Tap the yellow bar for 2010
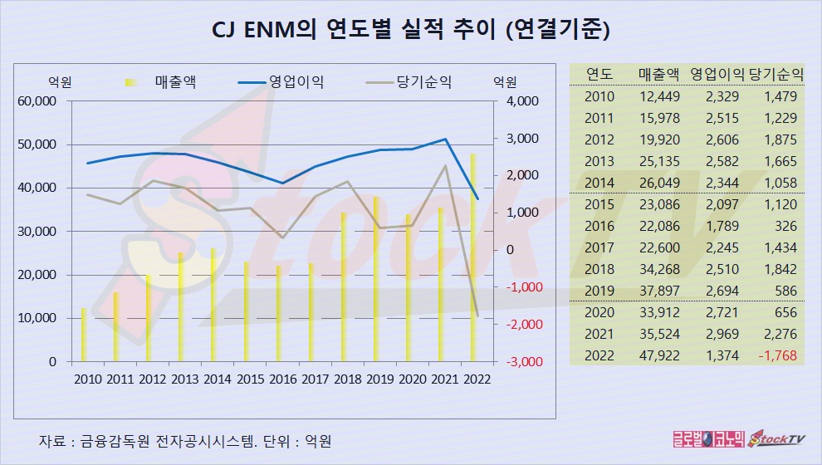point(84,335)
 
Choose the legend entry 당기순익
point(424,82)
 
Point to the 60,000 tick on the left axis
point(36,101)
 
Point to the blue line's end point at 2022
point(477,199)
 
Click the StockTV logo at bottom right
point(777,439)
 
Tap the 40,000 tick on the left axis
point(36,188)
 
